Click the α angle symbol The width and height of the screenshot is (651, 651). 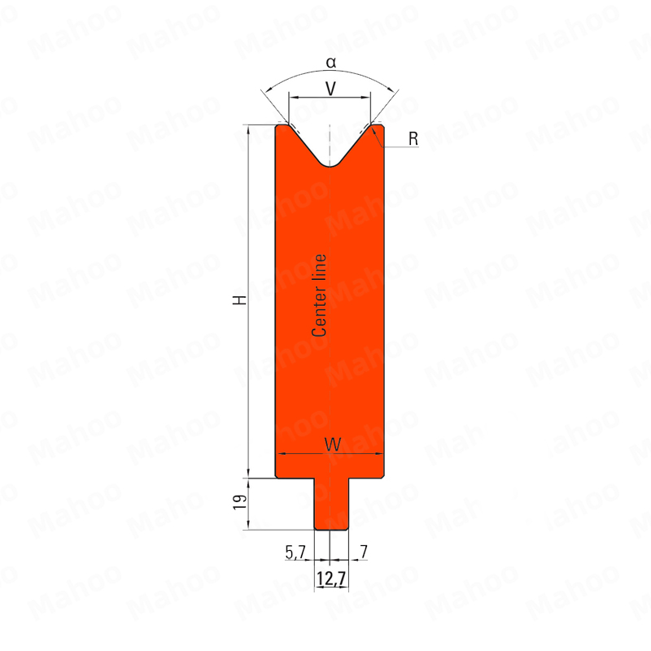(x=331, y=63)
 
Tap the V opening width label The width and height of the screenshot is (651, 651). (x=330, y=89)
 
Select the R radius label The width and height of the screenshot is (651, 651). (x=413, y=138)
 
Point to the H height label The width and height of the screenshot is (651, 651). (x=239, y=300)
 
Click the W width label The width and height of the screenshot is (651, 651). (x=333, y=444)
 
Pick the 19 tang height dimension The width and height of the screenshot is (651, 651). (x=240, y=502)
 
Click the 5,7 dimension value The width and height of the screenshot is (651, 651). (x=295, y=553)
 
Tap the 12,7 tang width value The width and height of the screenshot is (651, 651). (x=331, y=578)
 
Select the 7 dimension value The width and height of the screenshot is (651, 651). (x=364, y=552)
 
